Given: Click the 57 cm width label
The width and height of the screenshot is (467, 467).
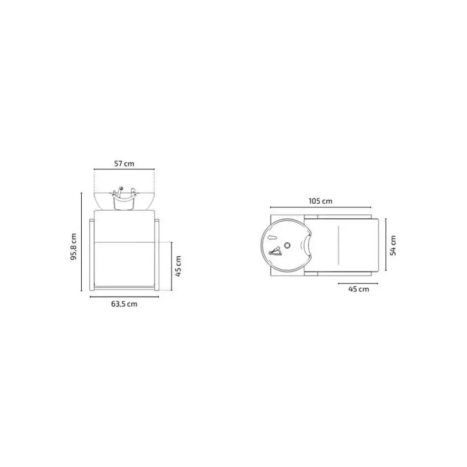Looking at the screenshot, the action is coord(124,163).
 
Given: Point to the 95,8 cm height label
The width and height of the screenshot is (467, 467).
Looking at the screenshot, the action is coord(74,246).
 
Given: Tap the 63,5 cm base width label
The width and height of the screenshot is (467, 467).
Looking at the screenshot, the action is coord(124,304).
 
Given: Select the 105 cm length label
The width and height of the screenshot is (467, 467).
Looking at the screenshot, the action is coord(320,201).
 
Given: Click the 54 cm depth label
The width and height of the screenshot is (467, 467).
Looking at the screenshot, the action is coord(393,245).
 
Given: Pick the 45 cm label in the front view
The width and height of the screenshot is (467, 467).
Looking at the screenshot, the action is coord(178,266).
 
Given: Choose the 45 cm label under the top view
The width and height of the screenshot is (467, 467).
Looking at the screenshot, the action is coord(358,289).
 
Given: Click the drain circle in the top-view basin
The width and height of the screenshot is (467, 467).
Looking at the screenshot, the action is coord(287,245).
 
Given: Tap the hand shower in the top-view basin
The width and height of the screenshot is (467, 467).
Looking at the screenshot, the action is coord(275,251).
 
